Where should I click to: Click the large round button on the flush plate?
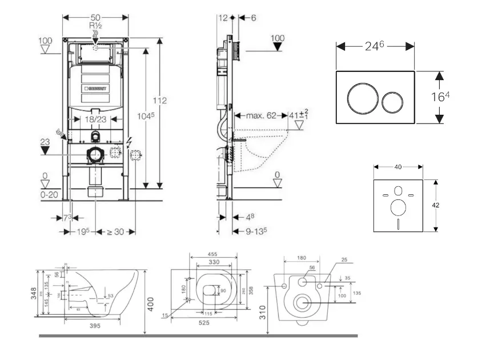[362, 98]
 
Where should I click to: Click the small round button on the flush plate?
[392, 101]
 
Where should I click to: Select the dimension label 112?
[159, 101]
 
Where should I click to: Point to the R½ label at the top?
[95, 26]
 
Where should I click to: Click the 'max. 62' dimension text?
[261, 115]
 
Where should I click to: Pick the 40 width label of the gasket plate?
[398, 167]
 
